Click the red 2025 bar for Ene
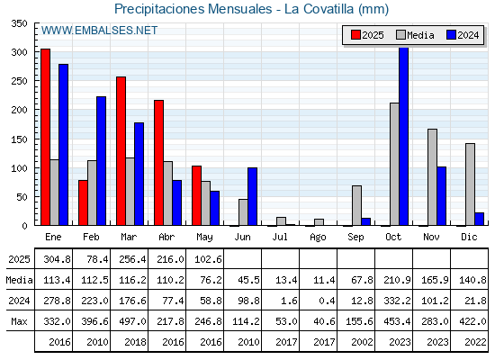pos(46,137)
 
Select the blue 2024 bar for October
pos(404,136)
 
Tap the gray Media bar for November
pos(432,177)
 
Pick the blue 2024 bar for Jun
pos(252,196)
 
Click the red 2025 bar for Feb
pos(83,202)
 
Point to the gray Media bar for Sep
pos(356,205)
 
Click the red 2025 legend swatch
pos(355,35)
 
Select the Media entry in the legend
pos(415,35)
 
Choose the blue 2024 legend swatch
pos(451,35)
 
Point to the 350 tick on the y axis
pos(19,23)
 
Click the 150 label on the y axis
pos(19,139)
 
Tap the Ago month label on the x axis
pos(318,238)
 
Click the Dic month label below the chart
pos(469,237)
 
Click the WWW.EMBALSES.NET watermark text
pos(99,31)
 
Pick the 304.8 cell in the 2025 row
pos(57,259)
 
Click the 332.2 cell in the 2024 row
pos(397,301)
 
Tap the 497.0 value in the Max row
pos(132,321)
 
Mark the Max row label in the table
pos(19,321)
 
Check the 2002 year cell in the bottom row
pos(362,342)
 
